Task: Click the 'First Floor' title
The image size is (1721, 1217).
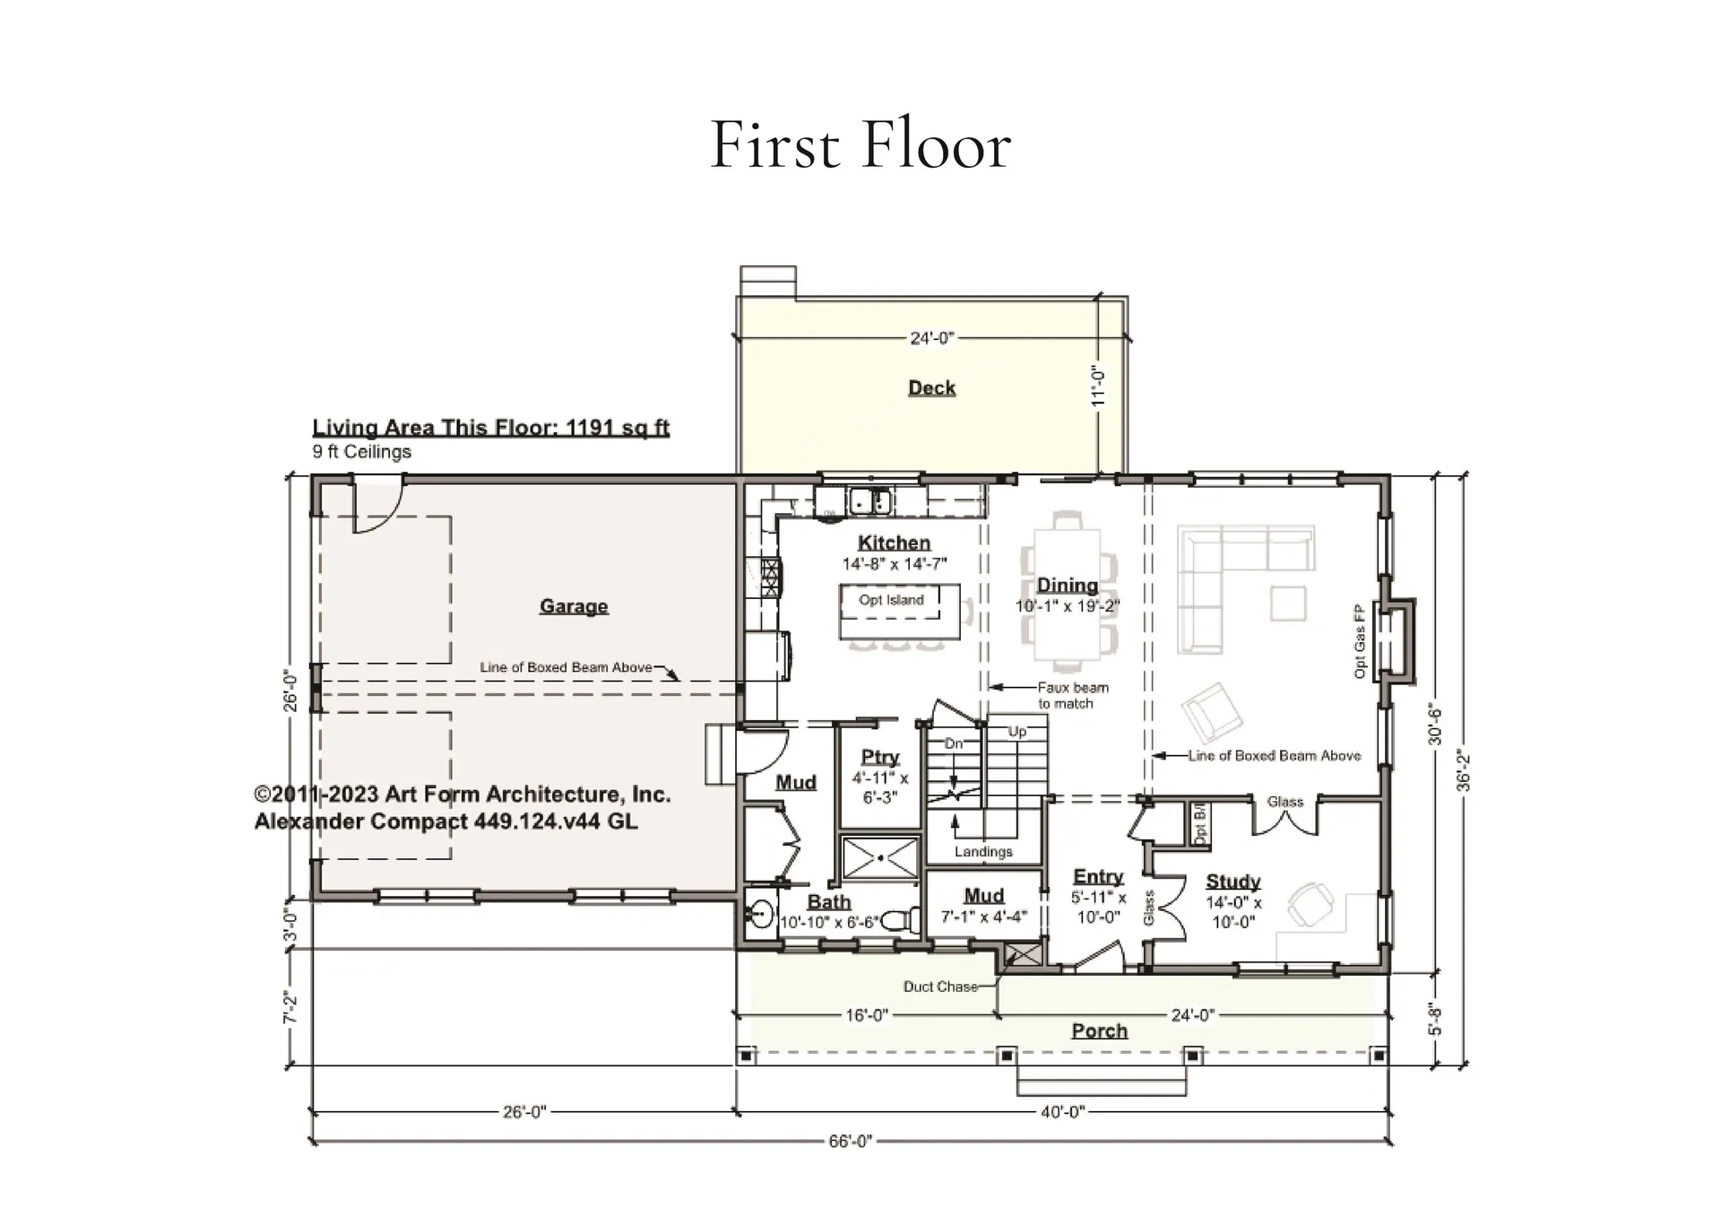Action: coord(860,146)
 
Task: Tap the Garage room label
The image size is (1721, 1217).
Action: coord(574,606)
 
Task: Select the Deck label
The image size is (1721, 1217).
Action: coord(931,387)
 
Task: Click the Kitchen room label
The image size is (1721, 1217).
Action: coord(894,543)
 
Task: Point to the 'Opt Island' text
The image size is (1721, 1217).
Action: coord(891,600)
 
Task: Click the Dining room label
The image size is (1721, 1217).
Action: coord(1067,585)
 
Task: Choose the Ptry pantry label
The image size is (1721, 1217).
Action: coord(880,757)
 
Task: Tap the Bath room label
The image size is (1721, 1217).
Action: coord(829,902)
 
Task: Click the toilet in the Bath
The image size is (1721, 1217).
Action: coord(900,921)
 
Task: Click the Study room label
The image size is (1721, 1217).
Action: coord(1232,882)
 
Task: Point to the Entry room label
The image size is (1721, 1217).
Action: coord(1098,876)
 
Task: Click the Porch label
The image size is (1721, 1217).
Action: coord(1099,1030)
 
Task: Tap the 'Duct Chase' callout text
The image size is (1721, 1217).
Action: coord(940,987)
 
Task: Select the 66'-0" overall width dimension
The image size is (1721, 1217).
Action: coord(850,1142)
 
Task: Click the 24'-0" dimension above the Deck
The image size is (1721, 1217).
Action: coord(932,338)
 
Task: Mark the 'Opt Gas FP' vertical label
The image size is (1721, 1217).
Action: coord(1360,640)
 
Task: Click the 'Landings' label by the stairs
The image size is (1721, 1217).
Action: coord(983,851)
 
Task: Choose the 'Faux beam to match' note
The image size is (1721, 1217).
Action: coord(1072,696)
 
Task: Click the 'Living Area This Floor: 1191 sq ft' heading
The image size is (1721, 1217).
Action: coord(490,428)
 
